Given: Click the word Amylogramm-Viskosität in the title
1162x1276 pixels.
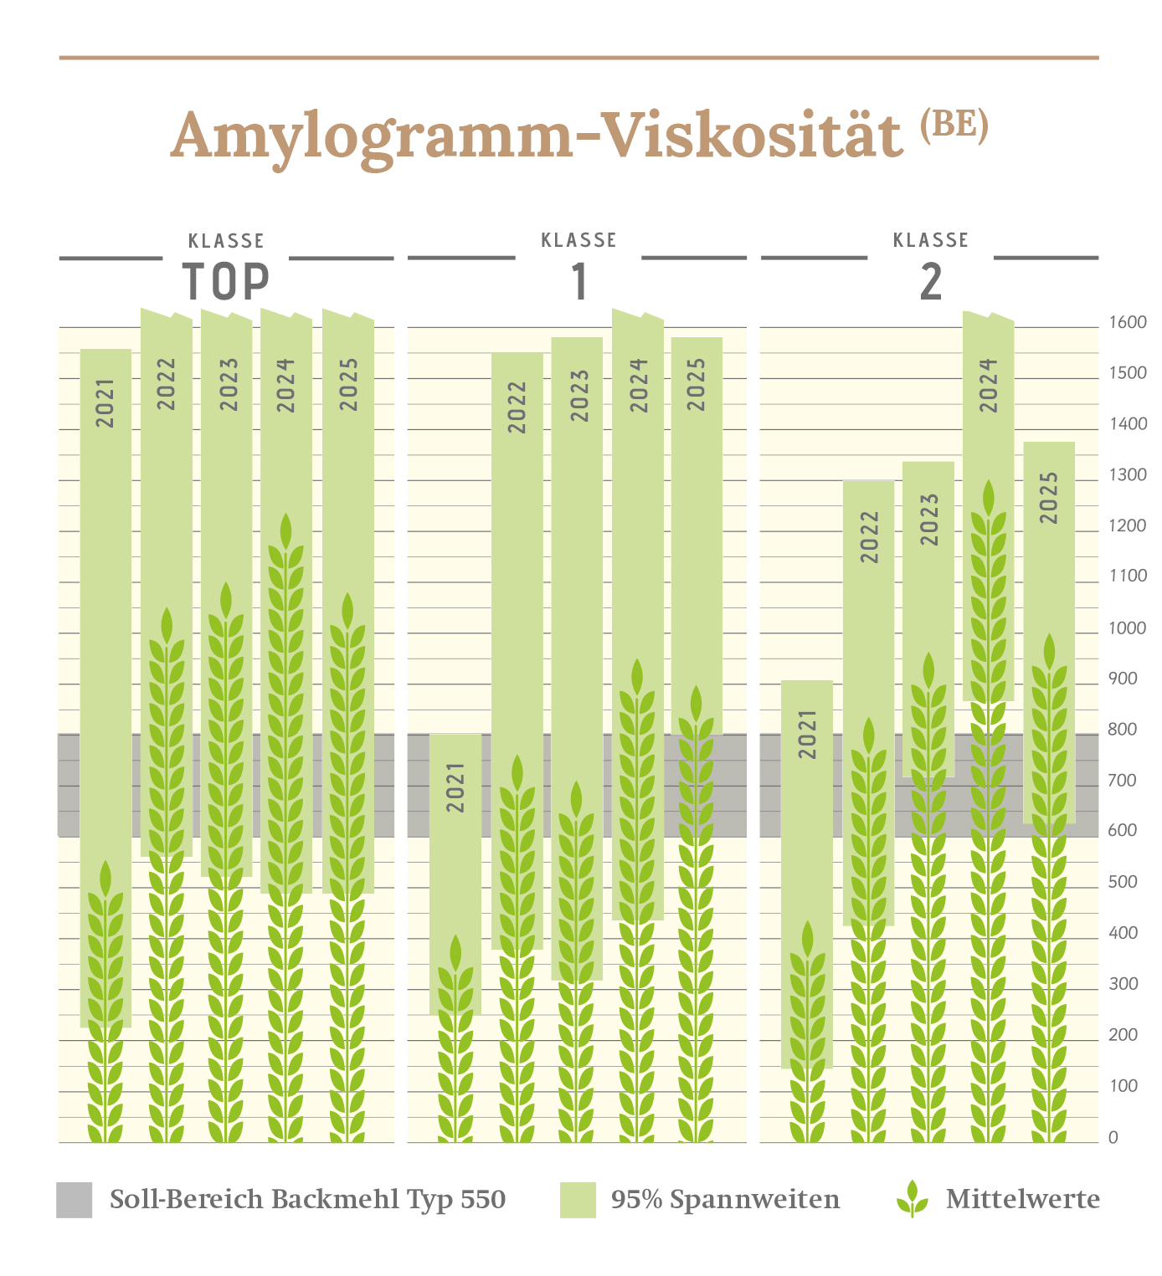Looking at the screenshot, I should pos(537,136).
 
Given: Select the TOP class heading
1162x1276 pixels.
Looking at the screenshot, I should pos(226,282).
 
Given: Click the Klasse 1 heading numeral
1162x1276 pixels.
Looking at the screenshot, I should pos(579,282).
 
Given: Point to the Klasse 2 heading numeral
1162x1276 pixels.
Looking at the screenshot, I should pos(931,282).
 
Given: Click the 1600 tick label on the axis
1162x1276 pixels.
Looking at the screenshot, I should pos(1128,323).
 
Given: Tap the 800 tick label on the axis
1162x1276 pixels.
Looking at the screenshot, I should pos(1123,730).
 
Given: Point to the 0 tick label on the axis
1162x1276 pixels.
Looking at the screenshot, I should pos(1113,1137).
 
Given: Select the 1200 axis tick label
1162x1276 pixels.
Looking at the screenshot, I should pos(1128,526).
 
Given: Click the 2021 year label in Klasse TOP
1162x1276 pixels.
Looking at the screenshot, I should pos(105,403).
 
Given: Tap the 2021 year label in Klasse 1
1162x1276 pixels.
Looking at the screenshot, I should pos(455,787).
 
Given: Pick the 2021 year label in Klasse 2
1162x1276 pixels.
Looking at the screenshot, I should pos(807,734).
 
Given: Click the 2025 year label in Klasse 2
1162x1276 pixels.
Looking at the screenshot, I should pos(1049,498).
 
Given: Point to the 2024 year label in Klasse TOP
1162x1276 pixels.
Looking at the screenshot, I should pos(286,385).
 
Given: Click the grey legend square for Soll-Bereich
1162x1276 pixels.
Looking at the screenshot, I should pos(74,1200).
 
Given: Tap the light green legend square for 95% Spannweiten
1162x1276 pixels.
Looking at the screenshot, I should pos(578,1200).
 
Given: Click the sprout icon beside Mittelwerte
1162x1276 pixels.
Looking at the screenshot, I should pos(913,1198).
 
